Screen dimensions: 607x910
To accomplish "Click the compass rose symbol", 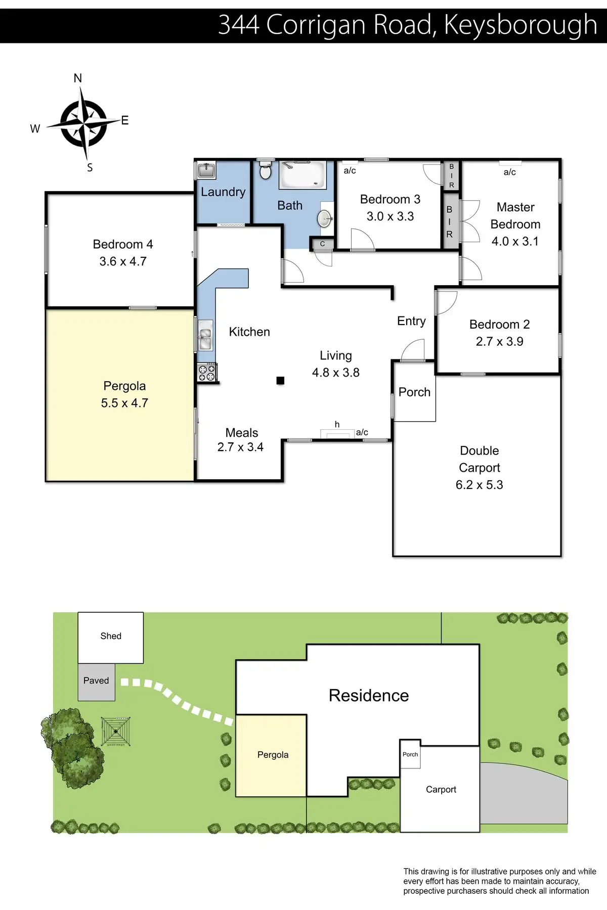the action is tap(84, 123).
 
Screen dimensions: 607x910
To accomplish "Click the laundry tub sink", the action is tap(206, 170).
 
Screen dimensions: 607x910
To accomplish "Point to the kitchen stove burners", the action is tap(207, 373).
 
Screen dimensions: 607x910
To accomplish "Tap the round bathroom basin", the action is tap(324, 218).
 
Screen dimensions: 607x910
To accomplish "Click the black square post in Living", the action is tap(280, 381).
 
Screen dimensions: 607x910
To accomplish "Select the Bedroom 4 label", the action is tap(123, 245).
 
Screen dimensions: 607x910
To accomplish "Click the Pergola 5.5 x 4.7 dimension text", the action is tap(124, 403).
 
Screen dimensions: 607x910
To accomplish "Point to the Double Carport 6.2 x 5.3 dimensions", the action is tap(479, 485).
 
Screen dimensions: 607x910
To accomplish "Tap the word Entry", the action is tap(411, 321).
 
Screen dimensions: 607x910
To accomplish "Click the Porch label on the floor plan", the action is tap(414, 392).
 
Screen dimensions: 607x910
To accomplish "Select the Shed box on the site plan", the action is tap(110, 637).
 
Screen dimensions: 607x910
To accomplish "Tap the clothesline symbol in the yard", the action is tap(116, 731).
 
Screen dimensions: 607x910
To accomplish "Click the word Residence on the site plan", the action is tap(369, 696).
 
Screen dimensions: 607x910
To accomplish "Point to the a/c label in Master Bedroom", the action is tap(509, 172).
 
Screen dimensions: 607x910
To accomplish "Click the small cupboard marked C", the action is tap(322, 244).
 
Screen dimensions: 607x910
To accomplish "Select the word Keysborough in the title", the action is tap(521, 24).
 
